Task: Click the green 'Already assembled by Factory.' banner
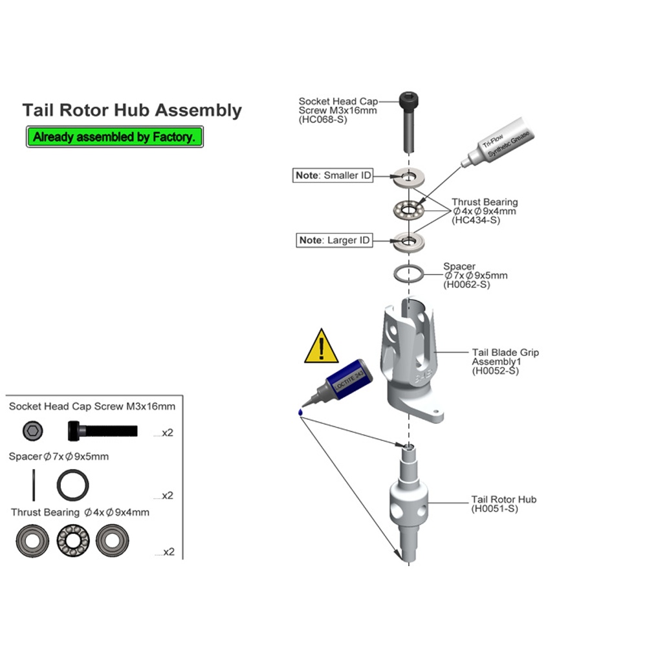tap(115, 137)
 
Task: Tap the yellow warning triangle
tap(321, 347)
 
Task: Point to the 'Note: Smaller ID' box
tap(333, 175)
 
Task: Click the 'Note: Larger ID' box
tap(334, 240)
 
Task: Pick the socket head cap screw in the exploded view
tap(408, 122)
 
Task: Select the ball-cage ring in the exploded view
tap(408, 210)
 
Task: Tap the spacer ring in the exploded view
tap(408, 274)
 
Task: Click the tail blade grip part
tap(411, 360)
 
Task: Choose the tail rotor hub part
tap(408, 503)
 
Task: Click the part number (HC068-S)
tap(323, 120)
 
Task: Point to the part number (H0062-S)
tap(466, 285)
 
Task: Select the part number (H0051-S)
tap(494, 509)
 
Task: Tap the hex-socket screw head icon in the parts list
tap(32, 431)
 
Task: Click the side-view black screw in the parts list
tap(102, 431)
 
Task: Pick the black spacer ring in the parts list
tap(72, 485)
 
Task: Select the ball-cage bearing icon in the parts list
tap(73, 540)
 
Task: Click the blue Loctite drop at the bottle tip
tap(300, 411)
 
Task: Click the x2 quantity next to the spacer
tap(168, 496)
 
